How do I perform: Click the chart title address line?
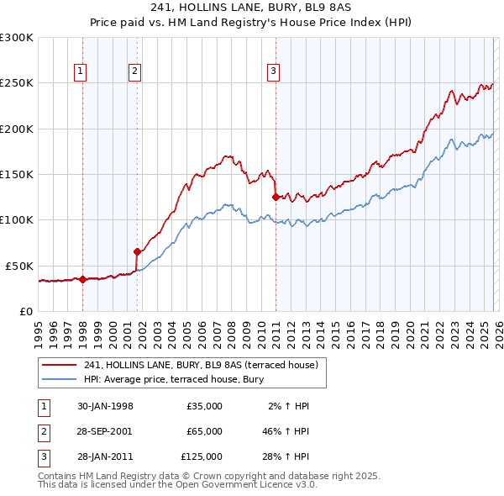coord(252,8)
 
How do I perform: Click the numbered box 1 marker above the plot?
coord(80,72)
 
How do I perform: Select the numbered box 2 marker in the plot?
coord(134,72)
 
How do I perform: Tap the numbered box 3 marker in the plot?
coord(273,72)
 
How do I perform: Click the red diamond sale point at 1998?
coord(83,280)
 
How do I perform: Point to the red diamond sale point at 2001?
coord(137,251)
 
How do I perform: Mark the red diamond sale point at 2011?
coord(276,198)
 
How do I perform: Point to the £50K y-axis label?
coord(19,266)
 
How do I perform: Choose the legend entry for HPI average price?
coord(174,379)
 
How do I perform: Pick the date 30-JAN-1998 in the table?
coord(105,406)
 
